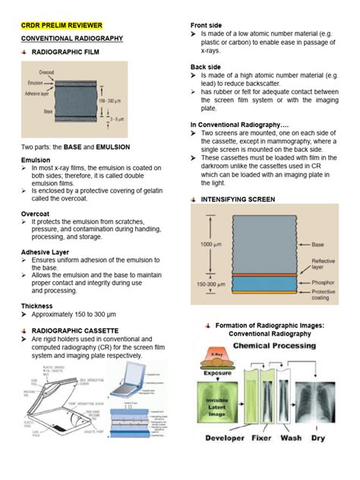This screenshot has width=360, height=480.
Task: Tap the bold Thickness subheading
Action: (x=37, y=306)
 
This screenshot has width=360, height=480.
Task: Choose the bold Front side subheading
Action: (x=207, y=25)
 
